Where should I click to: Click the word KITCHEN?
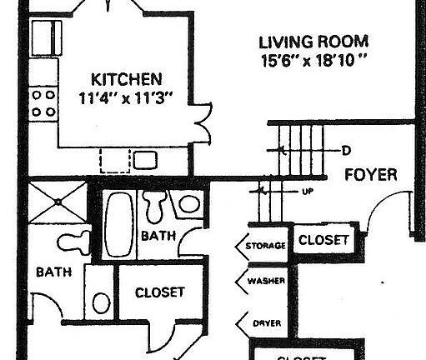click(126, 80)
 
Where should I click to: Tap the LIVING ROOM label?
click(313, 42)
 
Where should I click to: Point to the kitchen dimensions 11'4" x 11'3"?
click(126, 98)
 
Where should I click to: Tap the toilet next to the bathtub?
click(155, 205)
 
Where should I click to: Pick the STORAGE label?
click(266, 246)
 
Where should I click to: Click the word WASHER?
click(266, 281)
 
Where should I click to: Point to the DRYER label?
click(266, 322)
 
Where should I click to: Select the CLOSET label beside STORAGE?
click(323, 241)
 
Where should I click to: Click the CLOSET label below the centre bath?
click(159, 292)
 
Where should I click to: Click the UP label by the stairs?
click(306, 191)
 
